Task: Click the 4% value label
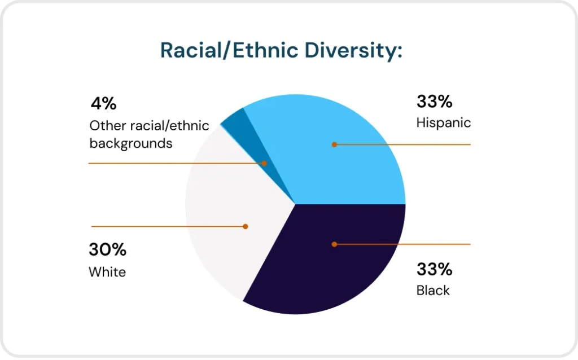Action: [x=103, y=104]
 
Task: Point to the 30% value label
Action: [x=107, y=249]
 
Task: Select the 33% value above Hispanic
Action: [x=434, y=102]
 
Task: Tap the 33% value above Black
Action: [x=434, y=270]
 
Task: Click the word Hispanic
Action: [x=443, y=122]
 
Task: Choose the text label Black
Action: [x=433, y=291]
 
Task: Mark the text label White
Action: [x=107, y=272]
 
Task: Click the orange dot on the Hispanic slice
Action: [x=334, y=144]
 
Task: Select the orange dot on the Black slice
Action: [x=334, y=244]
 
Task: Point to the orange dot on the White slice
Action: [x=246, y=226]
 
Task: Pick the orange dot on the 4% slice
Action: [x=264, y=163]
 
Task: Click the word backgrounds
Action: [x=130, y=143]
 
